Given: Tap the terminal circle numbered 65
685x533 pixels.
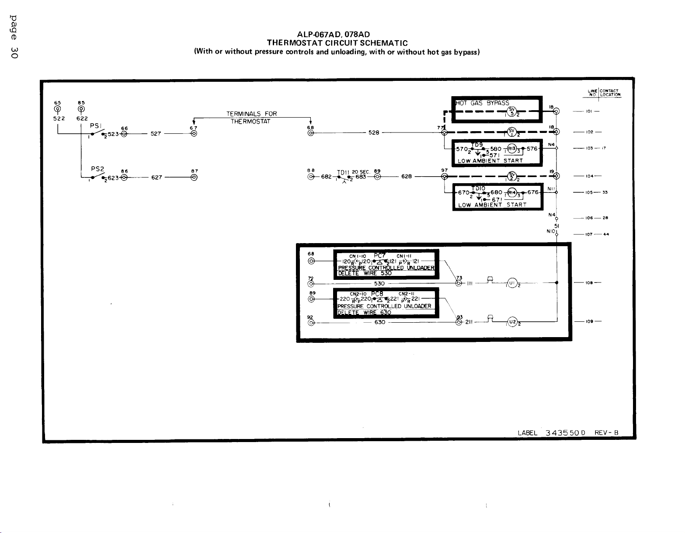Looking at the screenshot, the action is (57, 109).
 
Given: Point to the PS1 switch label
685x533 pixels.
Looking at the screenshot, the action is (96, 125).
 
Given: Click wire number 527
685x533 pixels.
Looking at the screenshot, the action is (156, 134).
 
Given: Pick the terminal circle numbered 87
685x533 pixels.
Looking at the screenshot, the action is (194, 178).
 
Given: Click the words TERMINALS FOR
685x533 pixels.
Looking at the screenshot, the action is (251, 114).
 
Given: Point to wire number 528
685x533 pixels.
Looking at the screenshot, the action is (374, 132).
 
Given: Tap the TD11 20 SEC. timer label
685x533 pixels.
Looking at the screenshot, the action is (354, 172).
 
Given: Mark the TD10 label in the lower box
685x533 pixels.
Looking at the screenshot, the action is (478, 188).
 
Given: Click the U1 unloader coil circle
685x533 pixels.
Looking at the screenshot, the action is (512, 283).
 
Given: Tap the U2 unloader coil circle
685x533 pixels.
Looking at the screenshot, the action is (512, 322).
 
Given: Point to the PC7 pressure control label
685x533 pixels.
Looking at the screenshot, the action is (379, 255).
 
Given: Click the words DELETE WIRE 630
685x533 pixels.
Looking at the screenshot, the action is (365, 312).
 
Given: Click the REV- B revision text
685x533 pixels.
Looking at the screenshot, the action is (606, 433).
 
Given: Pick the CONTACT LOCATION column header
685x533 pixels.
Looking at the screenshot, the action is (610, 93).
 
